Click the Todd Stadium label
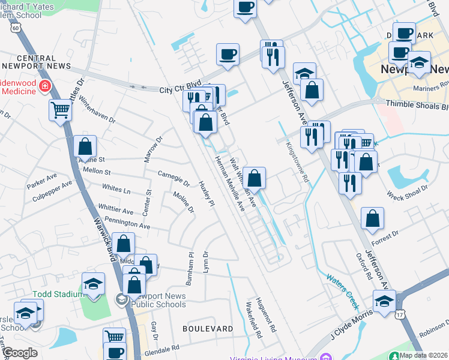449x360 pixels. click(58, 294)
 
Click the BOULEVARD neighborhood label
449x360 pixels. click(208, 329)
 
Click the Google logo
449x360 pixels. click(19, 353)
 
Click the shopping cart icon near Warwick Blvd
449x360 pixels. click(61, 110)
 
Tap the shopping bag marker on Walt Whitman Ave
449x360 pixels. click(255, 178)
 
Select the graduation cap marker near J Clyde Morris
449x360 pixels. click(384, 301)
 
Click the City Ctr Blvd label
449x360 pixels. click(179, 89)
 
